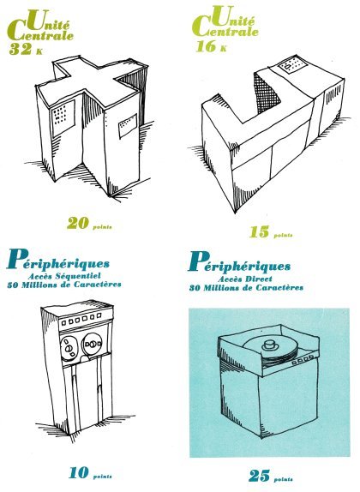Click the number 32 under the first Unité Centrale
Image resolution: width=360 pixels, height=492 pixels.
coord(20,49)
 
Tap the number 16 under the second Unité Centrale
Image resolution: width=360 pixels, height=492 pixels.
coord(206,45)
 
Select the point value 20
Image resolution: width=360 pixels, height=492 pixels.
coord(77,223)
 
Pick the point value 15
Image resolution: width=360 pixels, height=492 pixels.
coord(259,232)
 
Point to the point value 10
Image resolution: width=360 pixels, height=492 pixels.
coord(79,472)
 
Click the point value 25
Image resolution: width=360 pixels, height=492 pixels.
coord(259,476)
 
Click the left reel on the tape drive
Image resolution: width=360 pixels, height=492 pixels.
coord(69,347)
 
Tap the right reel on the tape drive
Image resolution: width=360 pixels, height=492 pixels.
coord(93,345)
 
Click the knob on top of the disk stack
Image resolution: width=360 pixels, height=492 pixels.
coord(269,345)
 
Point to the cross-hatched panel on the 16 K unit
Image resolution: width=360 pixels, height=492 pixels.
coord(267,92)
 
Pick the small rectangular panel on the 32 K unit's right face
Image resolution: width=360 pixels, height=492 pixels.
coord(128,126)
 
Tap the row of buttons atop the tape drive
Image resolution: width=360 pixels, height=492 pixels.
coord(81,319)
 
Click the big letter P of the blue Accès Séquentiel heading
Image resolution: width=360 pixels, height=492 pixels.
coord(16,259)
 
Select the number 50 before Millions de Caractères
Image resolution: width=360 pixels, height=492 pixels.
coord(14,285)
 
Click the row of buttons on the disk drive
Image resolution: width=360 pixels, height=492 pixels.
coord(303,360)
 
